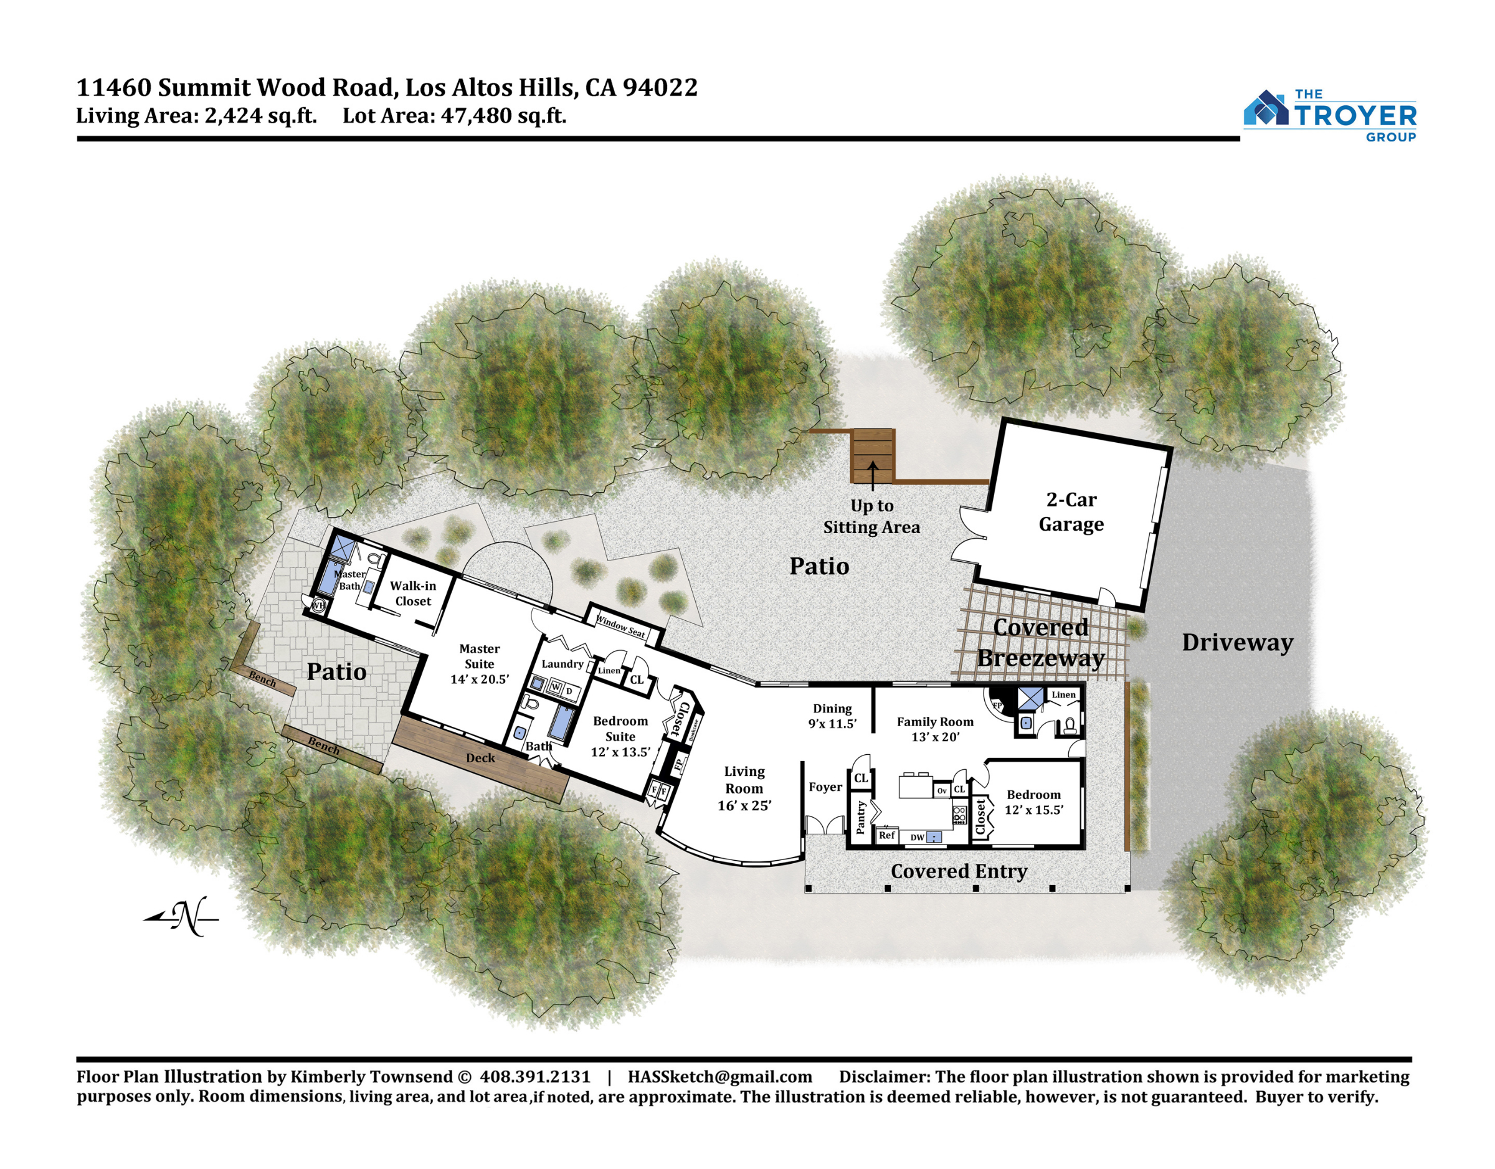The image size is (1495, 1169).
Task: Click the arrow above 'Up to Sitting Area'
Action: (873, 476)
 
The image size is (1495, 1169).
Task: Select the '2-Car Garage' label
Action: (1071, 512)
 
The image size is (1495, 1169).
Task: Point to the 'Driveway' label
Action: (1238, 643)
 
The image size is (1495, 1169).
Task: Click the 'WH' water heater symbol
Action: (318, 605)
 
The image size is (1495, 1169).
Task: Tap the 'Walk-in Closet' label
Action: (413, 594)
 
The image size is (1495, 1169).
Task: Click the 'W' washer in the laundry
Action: (555, 687)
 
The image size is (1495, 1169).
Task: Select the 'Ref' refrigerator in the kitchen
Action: (886, 835)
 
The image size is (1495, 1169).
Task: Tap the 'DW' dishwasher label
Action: (918, 838)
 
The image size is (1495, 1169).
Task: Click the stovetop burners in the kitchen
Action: (959, 815)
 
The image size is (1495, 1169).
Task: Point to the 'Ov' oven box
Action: (942, 790)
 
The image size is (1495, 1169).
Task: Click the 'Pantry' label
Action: (860, 817)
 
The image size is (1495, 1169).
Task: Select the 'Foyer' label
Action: (825, 787)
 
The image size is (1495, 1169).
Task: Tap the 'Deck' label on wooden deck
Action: (480, 758)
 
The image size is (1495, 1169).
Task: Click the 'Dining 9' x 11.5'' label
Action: (832, 716)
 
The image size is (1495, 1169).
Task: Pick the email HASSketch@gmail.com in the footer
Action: (719, 1077)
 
